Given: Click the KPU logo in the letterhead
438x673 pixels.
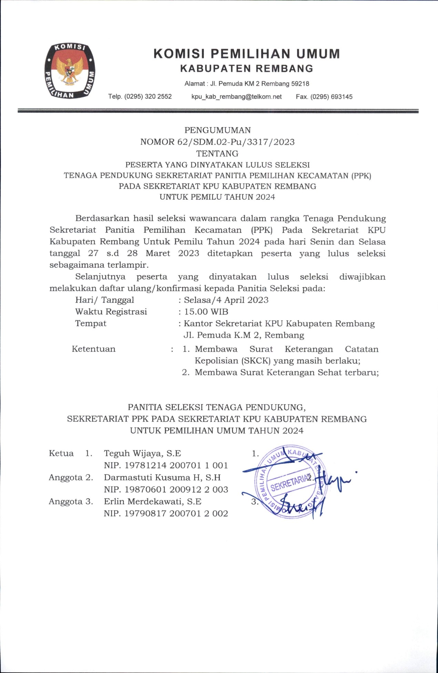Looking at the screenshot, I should [70, 71].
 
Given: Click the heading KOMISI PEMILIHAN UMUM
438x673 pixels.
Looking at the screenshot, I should [246, 54].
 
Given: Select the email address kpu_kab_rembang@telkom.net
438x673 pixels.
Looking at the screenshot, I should [236, 97].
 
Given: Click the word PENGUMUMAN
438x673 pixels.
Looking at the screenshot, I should [217, 130].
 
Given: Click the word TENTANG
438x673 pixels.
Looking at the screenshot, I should [217, 153].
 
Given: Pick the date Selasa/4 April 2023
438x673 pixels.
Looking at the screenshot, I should [226, 300].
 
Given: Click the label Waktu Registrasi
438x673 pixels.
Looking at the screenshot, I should [111, 312].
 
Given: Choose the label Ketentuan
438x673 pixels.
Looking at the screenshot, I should [93, 349].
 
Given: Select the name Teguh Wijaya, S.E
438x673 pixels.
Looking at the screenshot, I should [142, 453].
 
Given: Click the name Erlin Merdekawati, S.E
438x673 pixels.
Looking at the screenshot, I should [153, 501].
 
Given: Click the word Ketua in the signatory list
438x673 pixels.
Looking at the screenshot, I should [61, 453].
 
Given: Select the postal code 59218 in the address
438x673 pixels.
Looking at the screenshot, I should [300, 84].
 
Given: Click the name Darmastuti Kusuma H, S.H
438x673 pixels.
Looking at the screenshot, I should [162, 477].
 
